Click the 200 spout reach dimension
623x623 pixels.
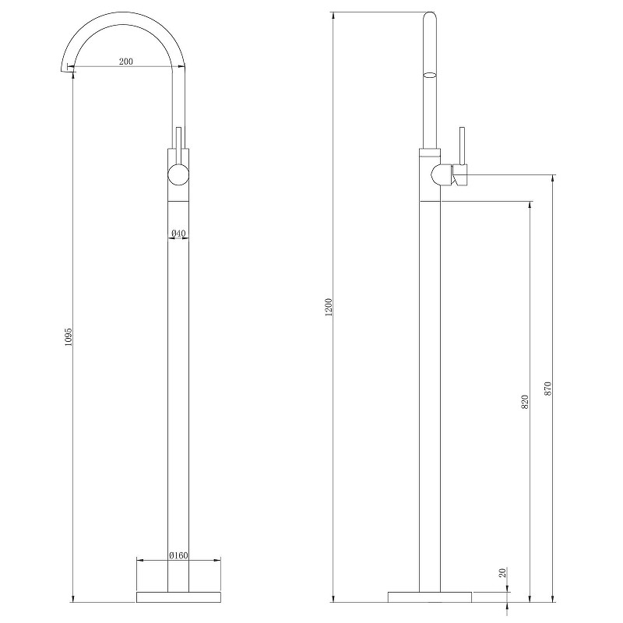pos(125,62)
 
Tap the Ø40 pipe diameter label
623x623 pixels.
pos(178,233)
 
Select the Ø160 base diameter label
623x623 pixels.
pos(178,555)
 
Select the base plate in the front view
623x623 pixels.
pos(178,597)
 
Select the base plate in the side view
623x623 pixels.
pos(431,597)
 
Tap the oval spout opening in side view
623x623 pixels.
pos(430,76)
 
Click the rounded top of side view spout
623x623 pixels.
pos(430,16)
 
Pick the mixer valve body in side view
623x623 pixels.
pos(441,174)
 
